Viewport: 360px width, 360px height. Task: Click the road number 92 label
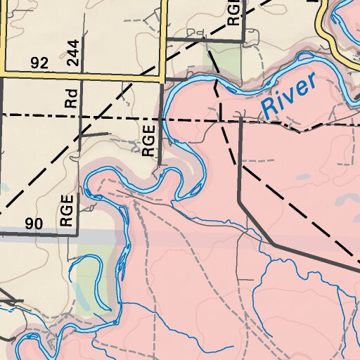click(39, 63)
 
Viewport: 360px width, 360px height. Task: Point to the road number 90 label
click(34, 224)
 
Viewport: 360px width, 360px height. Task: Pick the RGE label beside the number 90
click(67, 210)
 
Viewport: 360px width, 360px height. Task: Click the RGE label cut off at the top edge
click(233, 12)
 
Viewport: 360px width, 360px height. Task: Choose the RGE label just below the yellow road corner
click(148, 141)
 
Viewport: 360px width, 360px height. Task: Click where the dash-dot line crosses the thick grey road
click(240, 120)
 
